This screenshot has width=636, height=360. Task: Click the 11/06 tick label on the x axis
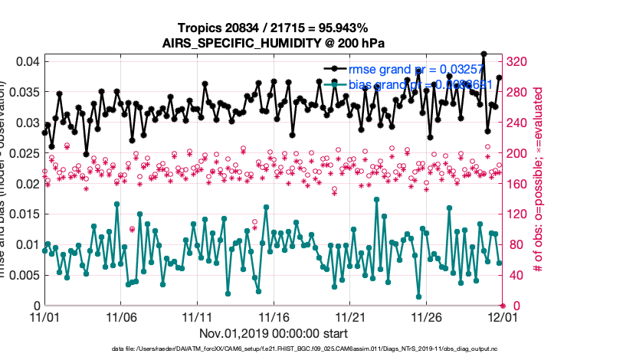coord(121,316)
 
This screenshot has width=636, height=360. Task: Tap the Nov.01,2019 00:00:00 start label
coord(274,333)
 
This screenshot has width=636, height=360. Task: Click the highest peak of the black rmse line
coord(484,54)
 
